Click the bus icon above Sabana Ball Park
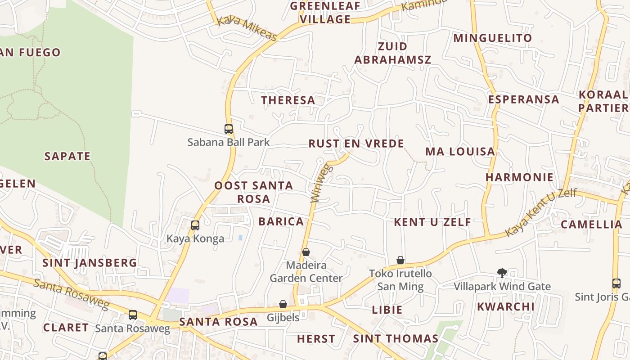(229, 129)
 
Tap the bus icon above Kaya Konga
(195, 225)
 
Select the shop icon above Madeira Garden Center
(306, 252)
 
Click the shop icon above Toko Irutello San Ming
(400, 260)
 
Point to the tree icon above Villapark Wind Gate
(502, 273)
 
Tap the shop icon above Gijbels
(283, 305)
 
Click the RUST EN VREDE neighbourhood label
(356, 144)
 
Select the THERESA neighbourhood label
(288, 100)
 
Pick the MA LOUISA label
(460, 152)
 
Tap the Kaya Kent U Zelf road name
(540, 212)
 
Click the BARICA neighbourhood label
(281, 222)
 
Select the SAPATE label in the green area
(67, 157)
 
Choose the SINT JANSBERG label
(90, 263)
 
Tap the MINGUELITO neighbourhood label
(493, 38)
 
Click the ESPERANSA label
(524, 99)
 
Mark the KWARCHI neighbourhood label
(506, 307)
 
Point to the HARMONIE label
(519, 177)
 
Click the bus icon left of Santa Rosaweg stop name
(133, 315)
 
